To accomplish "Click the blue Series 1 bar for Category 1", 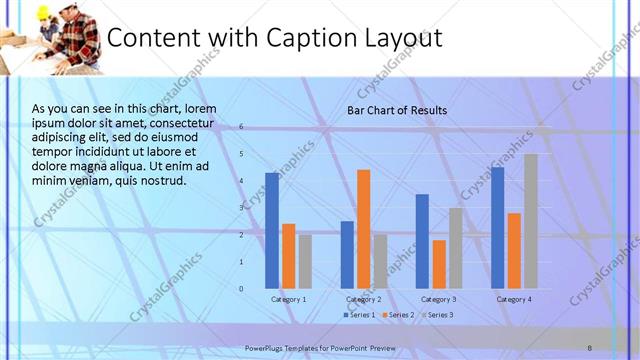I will [272, 230].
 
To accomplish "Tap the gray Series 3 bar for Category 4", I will [531, 221].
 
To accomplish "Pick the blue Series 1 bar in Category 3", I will [422, 241].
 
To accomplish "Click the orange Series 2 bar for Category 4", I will [514, 250].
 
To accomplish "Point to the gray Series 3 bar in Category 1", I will [305, 261].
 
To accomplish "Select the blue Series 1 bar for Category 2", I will [347, 254].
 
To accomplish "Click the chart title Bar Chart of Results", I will [397, 110].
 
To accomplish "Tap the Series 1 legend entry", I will [361, 315].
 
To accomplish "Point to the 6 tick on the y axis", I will [242, 127].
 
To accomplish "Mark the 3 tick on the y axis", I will [242, 208].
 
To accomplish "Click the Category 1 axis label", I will [289, 300].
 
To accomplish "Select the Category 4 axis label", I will [514, 300].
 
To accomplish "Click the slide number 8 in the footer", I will [590, 346].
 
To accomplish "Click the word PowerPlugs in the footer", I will [265, 346].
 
